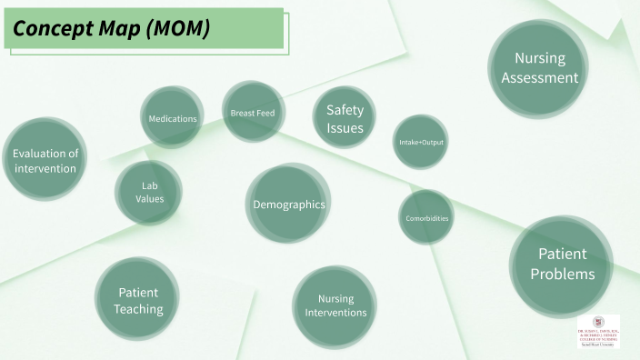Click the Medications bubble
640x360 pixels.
[x=173, y=118]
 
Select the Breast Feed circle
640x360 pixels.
[x=253, y=113]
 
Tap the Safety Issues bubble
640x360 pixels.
[x=345, y=119]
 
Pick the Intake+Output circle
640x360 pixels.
[x=421, y=142]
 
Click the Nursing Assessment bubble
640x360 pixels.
[x=539, y=68]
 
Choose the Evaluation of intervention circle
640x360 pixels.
[x=45, y=160]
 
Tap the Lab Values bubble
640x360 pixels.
[x=149, y=192]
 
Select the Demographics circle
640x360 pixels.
[x=288, y=205]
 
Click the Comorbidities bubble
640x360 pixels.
[x=425, y=218]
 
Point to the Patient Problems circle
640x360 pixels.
[x=562, y=264]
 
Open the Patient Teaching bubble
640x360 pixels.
[x=137, y=300]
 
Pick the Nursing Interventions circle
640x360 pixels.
[x=335, y=305]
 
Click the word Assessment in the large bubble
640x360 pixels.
[x=539, y=78]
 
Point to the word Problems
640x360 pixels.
[x=562, y=274]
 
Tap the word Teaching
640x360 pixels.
[x=138, y=309]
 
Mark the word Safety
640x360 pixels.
[x=345, y=110]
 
